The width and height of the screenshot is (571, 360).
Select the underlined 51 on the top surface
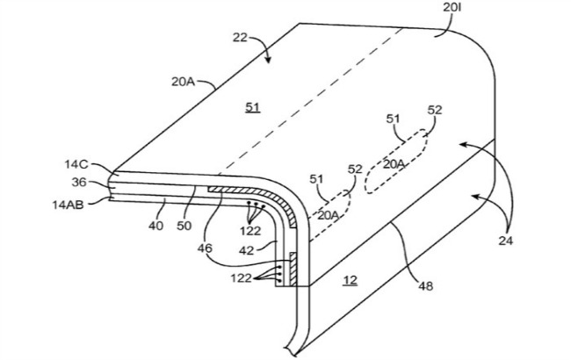pos(253,108)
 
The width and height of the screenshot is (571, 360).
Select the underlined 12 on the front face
pos(351,280)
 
